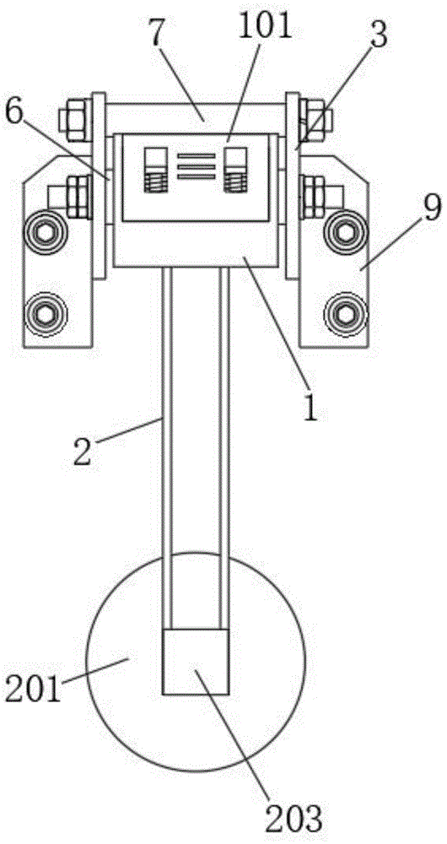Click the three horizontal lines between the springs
[x=197, y=165]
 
